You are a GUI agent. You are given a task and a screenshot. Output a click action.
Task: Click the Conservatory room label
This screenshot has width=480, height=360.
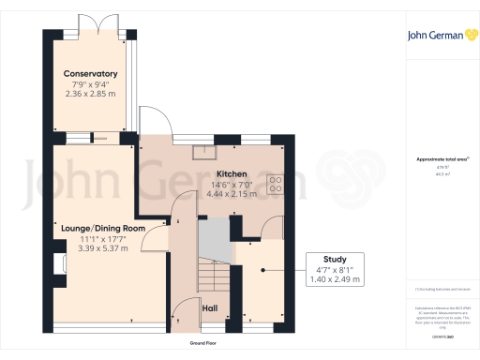point(90,74)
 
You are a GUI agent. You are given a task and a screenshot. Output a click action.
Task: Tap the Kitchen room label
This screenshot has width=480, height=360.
point(232,175)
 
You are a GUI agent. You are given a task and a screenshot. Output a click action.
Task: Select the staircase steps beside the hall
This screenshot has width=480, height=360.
point(213,275)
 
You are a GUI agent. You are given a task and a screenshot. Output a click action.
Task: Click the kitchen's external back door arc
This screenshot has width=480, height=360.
point(155,123)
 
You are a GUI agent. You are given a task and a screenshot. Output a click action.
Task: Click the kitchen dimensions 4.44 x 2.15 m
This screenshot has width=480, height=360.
point(232,194)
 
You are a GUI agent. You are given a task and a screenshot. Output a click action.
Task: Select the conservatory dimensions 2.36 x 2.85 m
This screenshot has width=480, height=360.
point(90,94)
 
